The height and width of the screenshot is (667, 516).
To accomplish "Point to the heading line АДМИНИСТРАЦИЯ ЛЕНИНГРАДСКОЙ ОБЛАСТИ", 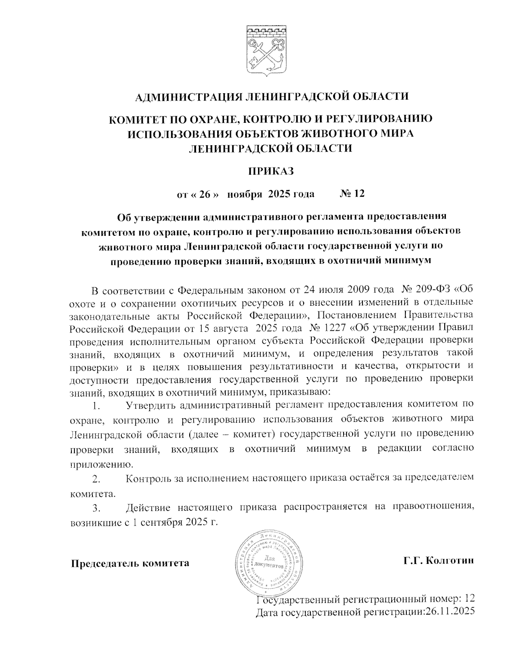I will click(271, 97).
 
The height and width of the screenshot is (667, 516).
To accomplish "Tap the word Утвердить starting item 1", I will click(150, 405).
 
